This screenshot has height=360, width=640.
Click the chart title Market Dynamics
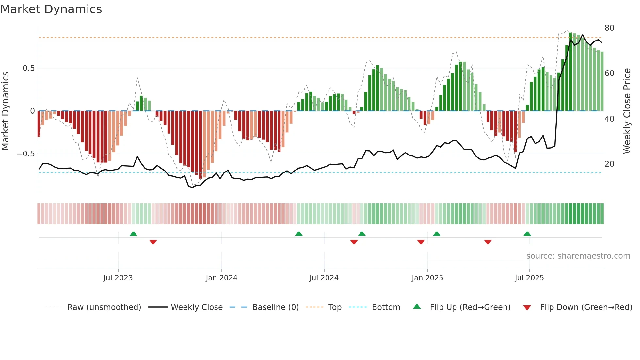click(x=51, y=9)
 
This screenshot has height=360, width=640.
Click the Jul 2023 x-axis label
click(x=118, y=278)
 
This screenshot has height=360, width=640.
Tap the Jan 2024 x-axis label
click(x=221, y=278)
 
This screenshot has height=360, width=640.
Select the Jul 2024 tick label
click(x=324, y=278)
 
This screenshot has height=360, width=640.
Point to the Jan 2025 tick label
click(x=427, y=278)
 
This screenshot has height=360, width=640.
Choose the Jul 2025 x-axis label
click(x=529, y=278)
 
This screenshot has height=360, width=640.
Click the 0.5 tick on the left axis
click(x=28, y=68)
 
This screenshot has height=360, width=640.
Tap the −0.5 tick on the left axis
click(x=25, y=154)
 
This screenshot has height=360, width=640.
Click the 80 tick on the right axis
click(x=609, y=28)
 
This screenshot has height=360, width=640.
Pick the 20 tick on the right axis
click(x=609, y=164)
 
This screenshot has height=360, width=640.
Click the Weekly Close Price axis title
click(x=627, y=111)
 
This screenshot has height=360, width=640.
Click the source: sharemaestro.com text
click(x=578, y=256)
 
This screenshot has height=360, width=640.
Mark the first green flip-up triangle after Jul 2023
click(x=133, y=234)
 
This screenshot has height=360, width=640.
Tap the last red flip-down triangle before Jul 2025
click(x=488, y=242)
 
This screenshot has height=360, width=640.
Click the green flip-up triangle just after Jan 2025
click(x=437, y=234)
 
